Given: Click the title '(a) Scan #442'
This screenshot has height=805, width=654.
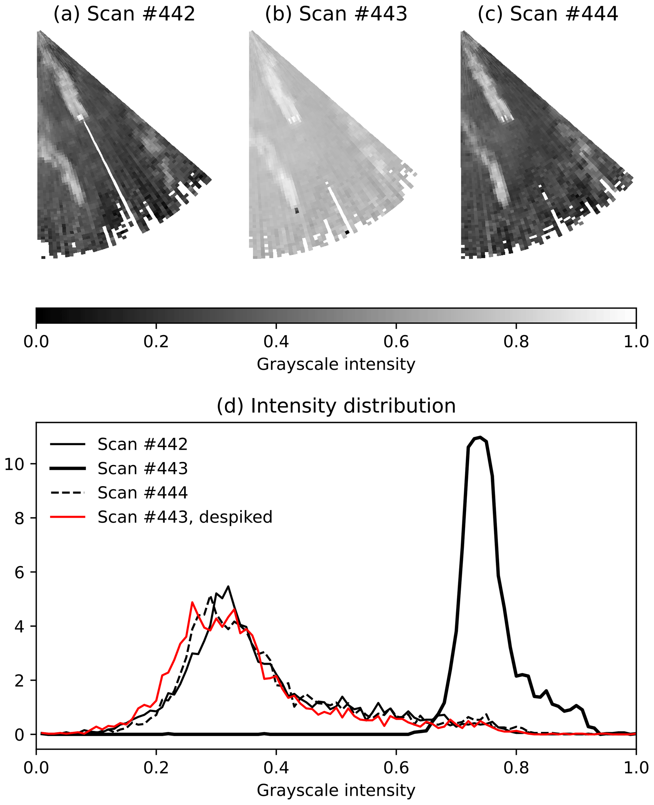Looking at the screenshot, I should pyautogui.click(x=124, y=14).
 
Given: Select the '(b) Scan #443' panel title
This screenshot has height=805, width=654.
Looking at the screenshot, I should pyautogui.click(x=336, y=14).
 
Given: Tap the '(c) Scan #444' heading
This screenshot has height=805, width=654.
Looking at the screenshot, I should pyautogui.click(x=548, y=14).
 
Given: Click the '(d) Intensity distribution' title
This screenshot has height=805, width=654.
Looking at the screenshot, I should pyautogui.click(x=336, y=406).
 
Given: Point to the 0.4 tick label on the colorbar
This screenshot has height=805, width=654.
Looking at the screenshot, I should pyautogui.click(x=276, y=342).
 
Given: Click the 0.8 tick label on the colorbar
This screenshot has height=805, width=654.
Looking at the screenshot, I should pyautogui.click(x=516, y=342).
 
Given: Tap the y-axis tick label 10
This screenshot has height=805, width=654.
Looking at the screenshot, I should pyautogui.click(x=14, y=464).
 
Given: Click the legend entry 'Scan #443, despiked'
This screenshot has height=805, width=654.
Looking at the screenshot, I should pyautogui.click(x=184, y=517).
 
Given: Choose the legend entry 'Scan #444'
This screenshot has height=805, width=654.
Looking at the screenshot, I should pyautogui.click(x=142, y=493).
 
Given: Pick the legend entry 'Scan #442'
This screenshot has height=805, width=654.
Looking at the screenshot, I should pyautogui.click(x=142, y=444).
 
